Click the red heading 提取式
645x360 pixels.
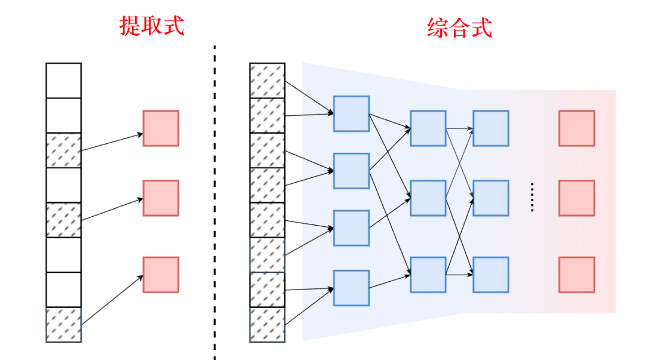click(152, 26)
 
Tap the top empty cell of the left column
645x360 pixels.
click(63, 80)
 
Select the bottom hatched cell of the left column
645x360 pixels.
click(63, 325)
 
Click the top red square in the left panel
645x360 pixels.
click(161, 128)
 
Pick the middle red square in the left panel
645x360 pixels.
click(161, 198)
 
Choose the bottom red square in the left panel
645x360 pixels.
click(161, 275)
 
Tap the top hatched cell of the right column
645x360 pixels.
click(267, 80)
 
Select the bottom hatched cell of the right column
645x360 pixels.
click(267, 325)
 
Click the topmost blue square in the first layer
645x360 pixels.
click(351, 113)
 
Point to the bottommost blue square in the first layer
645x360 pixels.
click(351, 288)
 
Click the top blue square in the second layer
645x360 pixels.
click(428, 128)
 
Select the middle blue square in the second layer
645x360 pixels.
click(428, 198)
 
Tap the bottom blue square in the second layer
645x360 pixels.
click(428, 275)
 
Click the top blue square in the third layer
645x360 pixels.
click(490, 128)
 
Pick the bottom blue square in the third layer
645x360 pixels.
click(490, 275)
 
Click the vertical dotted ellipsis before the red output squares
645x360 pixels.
click(532, 198)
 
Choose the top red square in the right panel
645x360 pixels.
click(576, 128)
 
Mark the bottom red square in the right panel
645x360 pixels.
click(576, 275)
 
